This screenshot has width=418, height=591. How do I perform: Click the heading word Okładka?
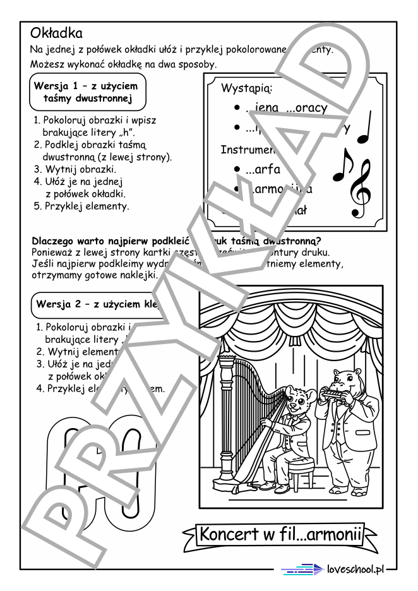[x=56, y=33]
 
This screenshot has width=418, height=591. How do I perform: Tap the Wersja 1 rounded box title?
[x=88, y=92]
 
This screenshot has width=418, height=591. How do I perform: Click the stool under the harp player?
[x=297, y=470]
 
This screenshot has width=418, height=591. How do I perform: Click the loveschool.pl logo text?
[x=356, y=569]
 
